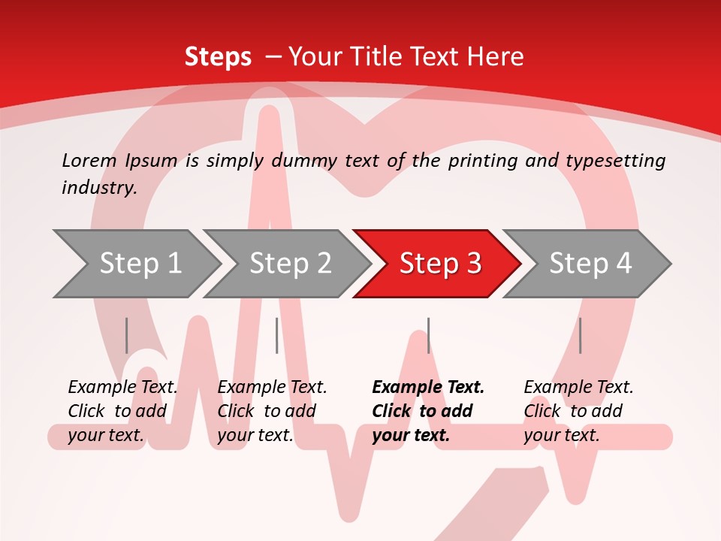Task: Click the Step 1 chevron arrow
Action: pyautogui.click(x=140, y=263)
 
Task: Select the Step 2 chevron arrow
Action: pyautogui.click(x=290, y=263)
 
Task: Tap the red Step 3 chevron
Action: pyautogui.click(x=439, y=263)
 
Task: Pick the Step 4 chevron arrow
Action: pyautogui.click(x=590, y=263)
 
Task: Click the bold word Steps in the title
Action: pyautogui.click(x=218, y=56)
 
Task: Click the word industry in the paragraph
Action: pyautogui.click(x=98, y=187)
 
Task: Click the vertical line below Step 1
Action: pyautogui.click(x=126, y=335)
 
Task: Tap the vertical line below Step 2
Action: pyautogui.click(x=276, y=335)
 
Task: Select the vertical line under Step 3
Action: pyautogui.click(x=428, y=335)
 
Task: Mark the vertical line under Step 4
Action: pyautogui.click(x=580, y=335)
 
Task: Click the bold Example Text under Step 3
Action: pyautogui.click(x=428, y=387)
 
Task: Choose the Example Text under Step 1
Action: pyautogui.click(x=122, y=387)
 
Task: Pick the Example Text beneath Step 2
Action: pyautogui.click(x=272, y=387)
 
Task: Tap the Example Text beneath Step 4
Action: pyautogui.click(x=578, y=387)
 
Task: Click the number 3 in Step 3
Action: pyautogui.click(x=474, y=263)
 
